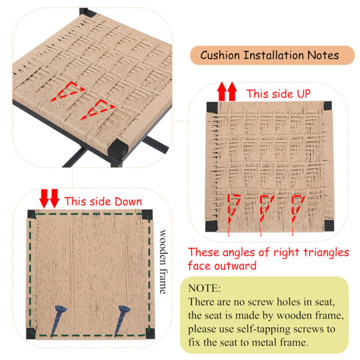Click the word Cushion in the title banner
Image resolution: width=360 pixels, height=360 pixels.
(x=220, y=55)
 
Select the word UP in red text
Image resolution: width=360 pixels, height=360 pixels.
(x=304, y=94)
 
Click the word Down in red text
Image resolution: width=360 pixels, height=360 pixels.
(x=128, y=202)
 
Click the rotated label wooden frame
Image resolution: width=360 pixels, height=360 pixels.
(x=163, y=262)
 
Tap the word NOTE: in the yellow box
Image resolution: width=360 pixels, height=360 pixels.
(x=205, y=289)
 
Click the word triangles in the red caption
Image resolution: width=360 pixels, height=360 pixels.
(x=326, y=253)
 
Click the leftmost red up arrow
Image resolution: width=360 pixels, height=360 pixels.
(x=222, y=91)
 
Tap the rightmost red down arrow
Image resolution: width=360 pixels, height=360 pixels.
(x=55, y=199)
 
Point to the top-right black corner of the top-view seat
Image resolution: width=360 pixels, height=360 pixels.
(x=328, y=106)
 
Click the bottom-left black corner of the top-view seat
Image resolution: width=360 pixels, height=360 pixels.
(x=211, y=226)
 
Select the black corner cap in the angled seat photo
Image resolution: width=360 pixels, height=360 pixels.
(x=118, y=149)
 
